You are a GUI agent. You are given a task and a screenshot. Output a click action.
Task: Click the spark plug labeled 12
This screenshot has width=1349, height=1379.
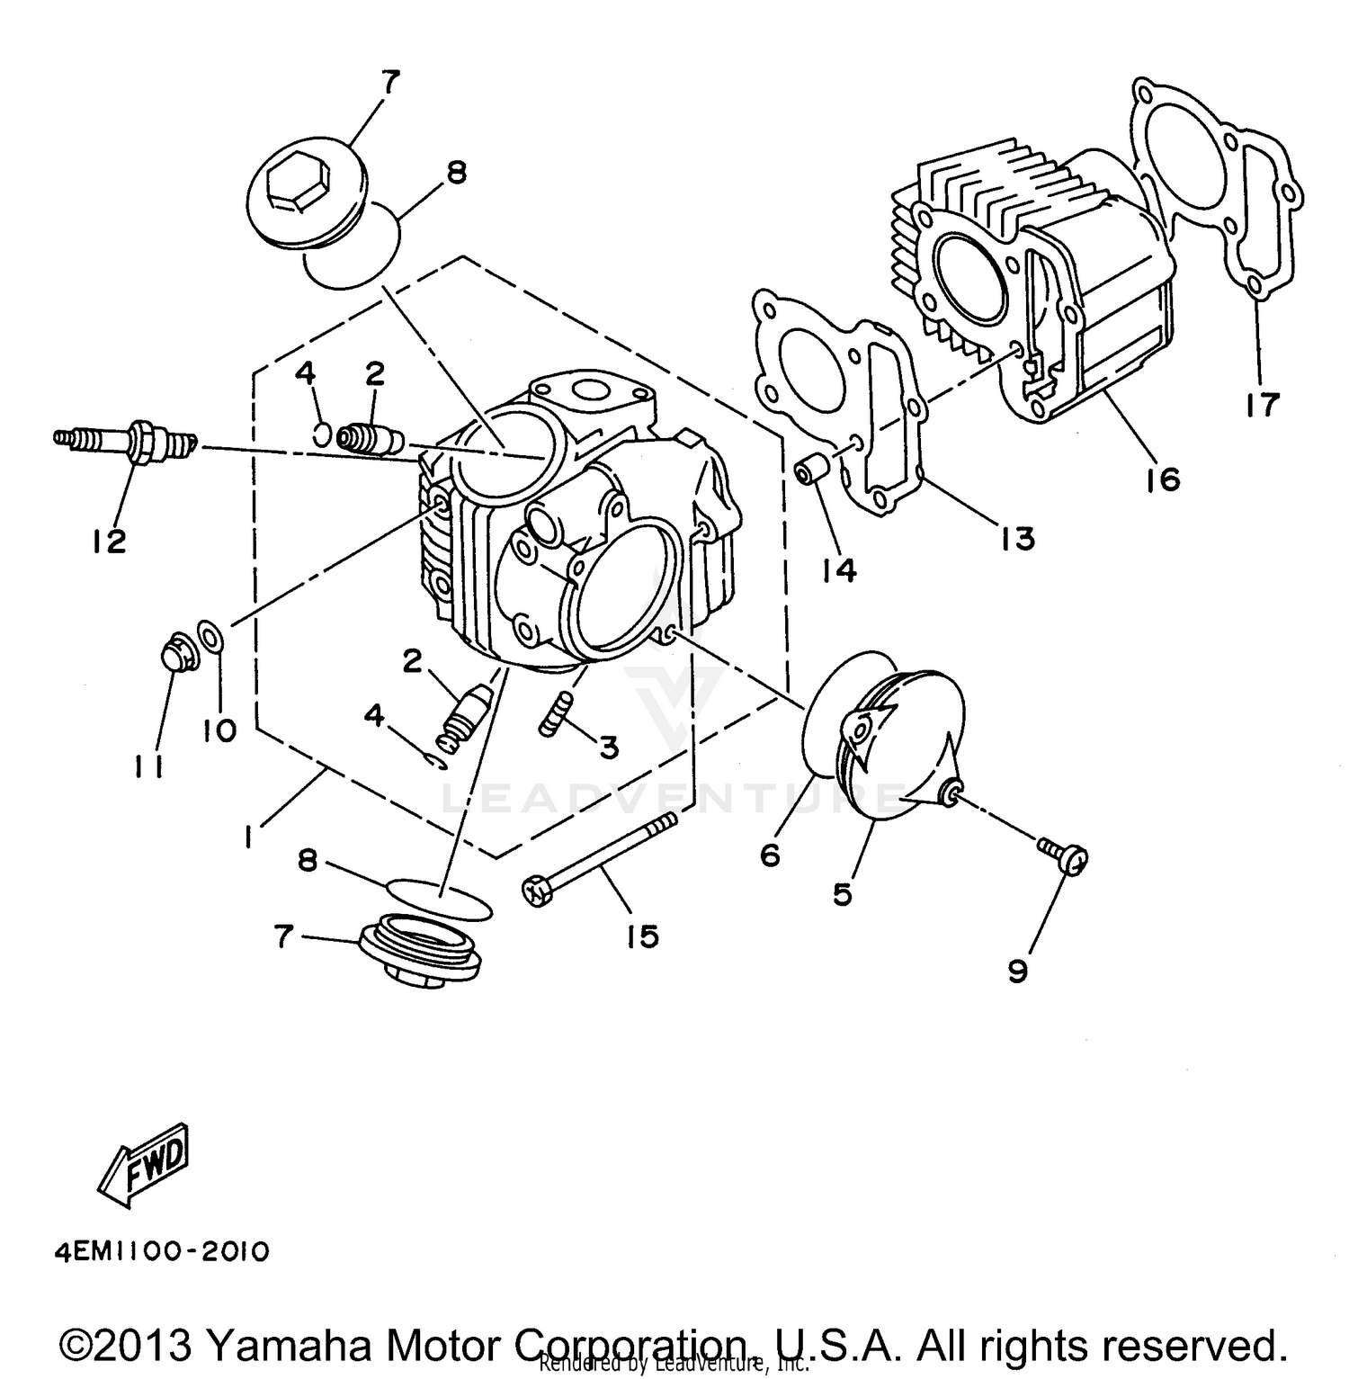(x=126, y=441)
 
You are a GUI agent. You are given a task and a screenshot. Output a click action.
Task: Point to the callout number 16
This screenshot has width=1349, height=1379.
(x=1164, y=479)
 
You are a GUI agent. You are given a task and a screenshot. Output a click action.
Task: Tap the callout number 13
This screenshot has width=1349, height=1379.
(x=1017, y=538)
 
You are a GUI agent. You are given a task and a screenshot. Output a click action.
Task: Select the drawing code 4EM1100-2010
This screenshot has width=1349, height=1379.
(x=161, y=1251)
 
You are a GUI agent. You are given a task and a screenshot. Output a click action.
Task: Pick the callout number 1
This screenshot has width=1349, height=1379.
(x=246, y=837)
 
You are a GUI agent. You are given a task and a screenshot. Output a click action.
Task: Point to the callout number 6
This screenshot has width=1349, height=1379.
(x=770, y=855)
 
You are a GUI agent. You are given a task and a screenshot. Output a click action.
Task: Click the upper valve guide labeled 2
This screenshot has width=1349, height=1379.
(x=369, y=438)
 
